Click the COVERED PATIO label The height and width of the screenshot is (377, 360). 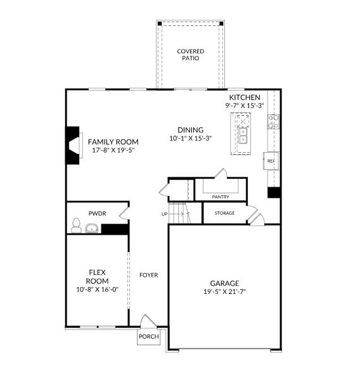pos(191,55)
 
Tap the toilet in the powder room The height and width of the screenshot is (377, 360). pos(76,226)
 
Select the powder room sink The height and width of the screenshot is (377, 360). pos(92,228)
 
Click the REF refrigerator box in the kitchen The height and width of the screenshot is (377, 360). pos(271,161)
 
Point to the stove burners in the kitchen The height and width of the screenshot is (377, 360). pos(273,122)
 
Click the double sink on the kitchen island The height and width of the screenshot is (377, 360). pos(243,136)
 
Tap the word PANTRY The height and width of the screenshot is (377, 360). pos(221,197)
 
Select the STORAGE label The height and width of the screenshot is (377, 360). pos(224,213)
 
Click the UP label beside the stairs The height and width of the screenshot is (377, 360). pos(165,214)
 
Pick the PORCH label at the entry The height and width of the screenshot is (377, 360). pos(149,336)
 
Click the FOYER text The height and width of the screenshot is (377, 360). pos(148,275)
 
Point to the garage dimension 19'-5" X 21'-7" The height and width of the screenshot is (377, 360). pos(224,291)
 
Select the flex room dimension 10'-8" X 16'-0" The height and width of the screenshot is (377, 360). pos(98,290)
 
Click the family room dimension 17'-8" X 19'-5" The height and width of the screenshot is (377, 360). pos(113,150)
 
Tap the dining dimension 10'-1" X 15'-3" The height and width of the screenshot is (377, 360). pos(191,139)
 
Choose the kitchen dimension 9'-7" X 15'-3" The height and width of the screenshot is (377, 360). pos(245,106)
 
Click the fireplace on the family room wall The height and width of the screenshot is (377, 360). pos(74,146)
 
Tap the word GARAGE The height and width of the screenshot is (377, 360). pos(224,283)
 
